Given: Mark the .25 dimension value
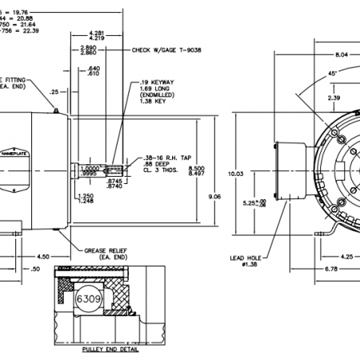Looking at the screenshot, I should coord(54,92).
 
